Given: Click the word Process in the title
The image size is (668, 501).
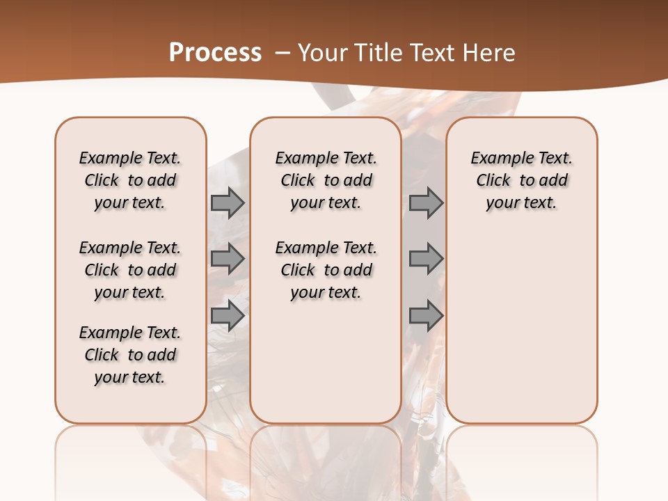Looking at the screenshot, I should [x=215, y=52].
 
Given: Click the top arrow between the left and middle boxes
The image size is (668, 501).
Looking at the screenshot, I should [x=228, y=202].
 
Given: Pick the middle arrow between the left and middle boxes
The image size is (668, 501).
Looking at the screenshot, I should [x=228, y=259].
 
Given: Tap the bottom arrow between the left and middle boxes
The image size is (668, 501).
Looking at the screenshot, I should [x=228, y=317].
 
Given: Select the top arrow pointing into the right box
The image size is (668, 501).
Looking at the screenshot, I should [x=426, y=202].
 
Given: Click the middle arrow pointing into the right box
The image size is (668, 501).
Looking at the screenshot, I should [x=426, y=259].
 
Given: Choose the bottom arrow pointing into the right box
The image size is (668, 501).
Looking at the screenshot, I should [x=426, y=317].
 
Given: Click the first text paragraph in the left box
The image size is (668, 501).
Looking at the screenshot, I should [x=130, y=180].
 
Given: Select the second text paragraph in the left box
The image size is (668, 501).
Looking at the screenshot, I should [x=130, y=270].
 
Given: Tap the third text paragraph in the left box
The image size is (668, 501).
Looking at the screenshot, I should [x=130, y=355].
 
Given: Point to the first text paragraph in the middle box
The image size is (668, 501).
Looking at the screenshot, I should [x=326, y=180].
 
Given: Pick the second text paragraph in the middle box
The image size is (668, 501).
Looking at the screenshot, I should [x=326, y=270].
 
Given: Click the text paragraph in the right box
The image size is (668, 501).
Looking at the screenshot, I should [x=521, y=180].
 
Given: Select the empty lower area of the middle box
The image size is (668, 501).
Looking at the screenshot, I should [x=326, y=362].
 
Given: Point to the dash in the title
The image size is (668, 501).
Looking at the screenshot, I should [x=283, y=52].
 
